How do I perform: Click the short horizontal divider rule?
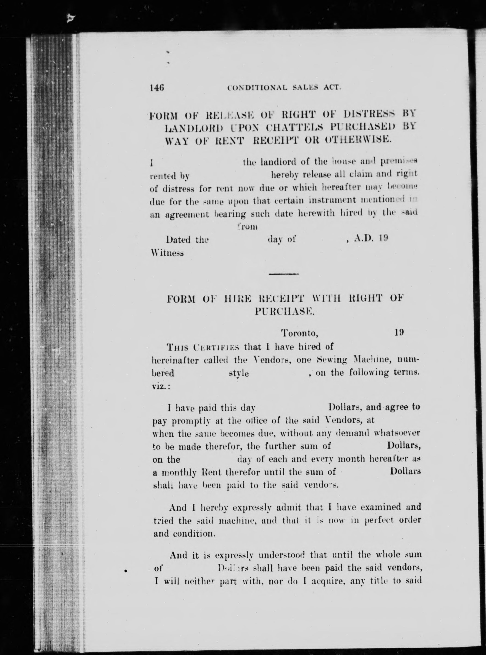click(284, 274)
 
